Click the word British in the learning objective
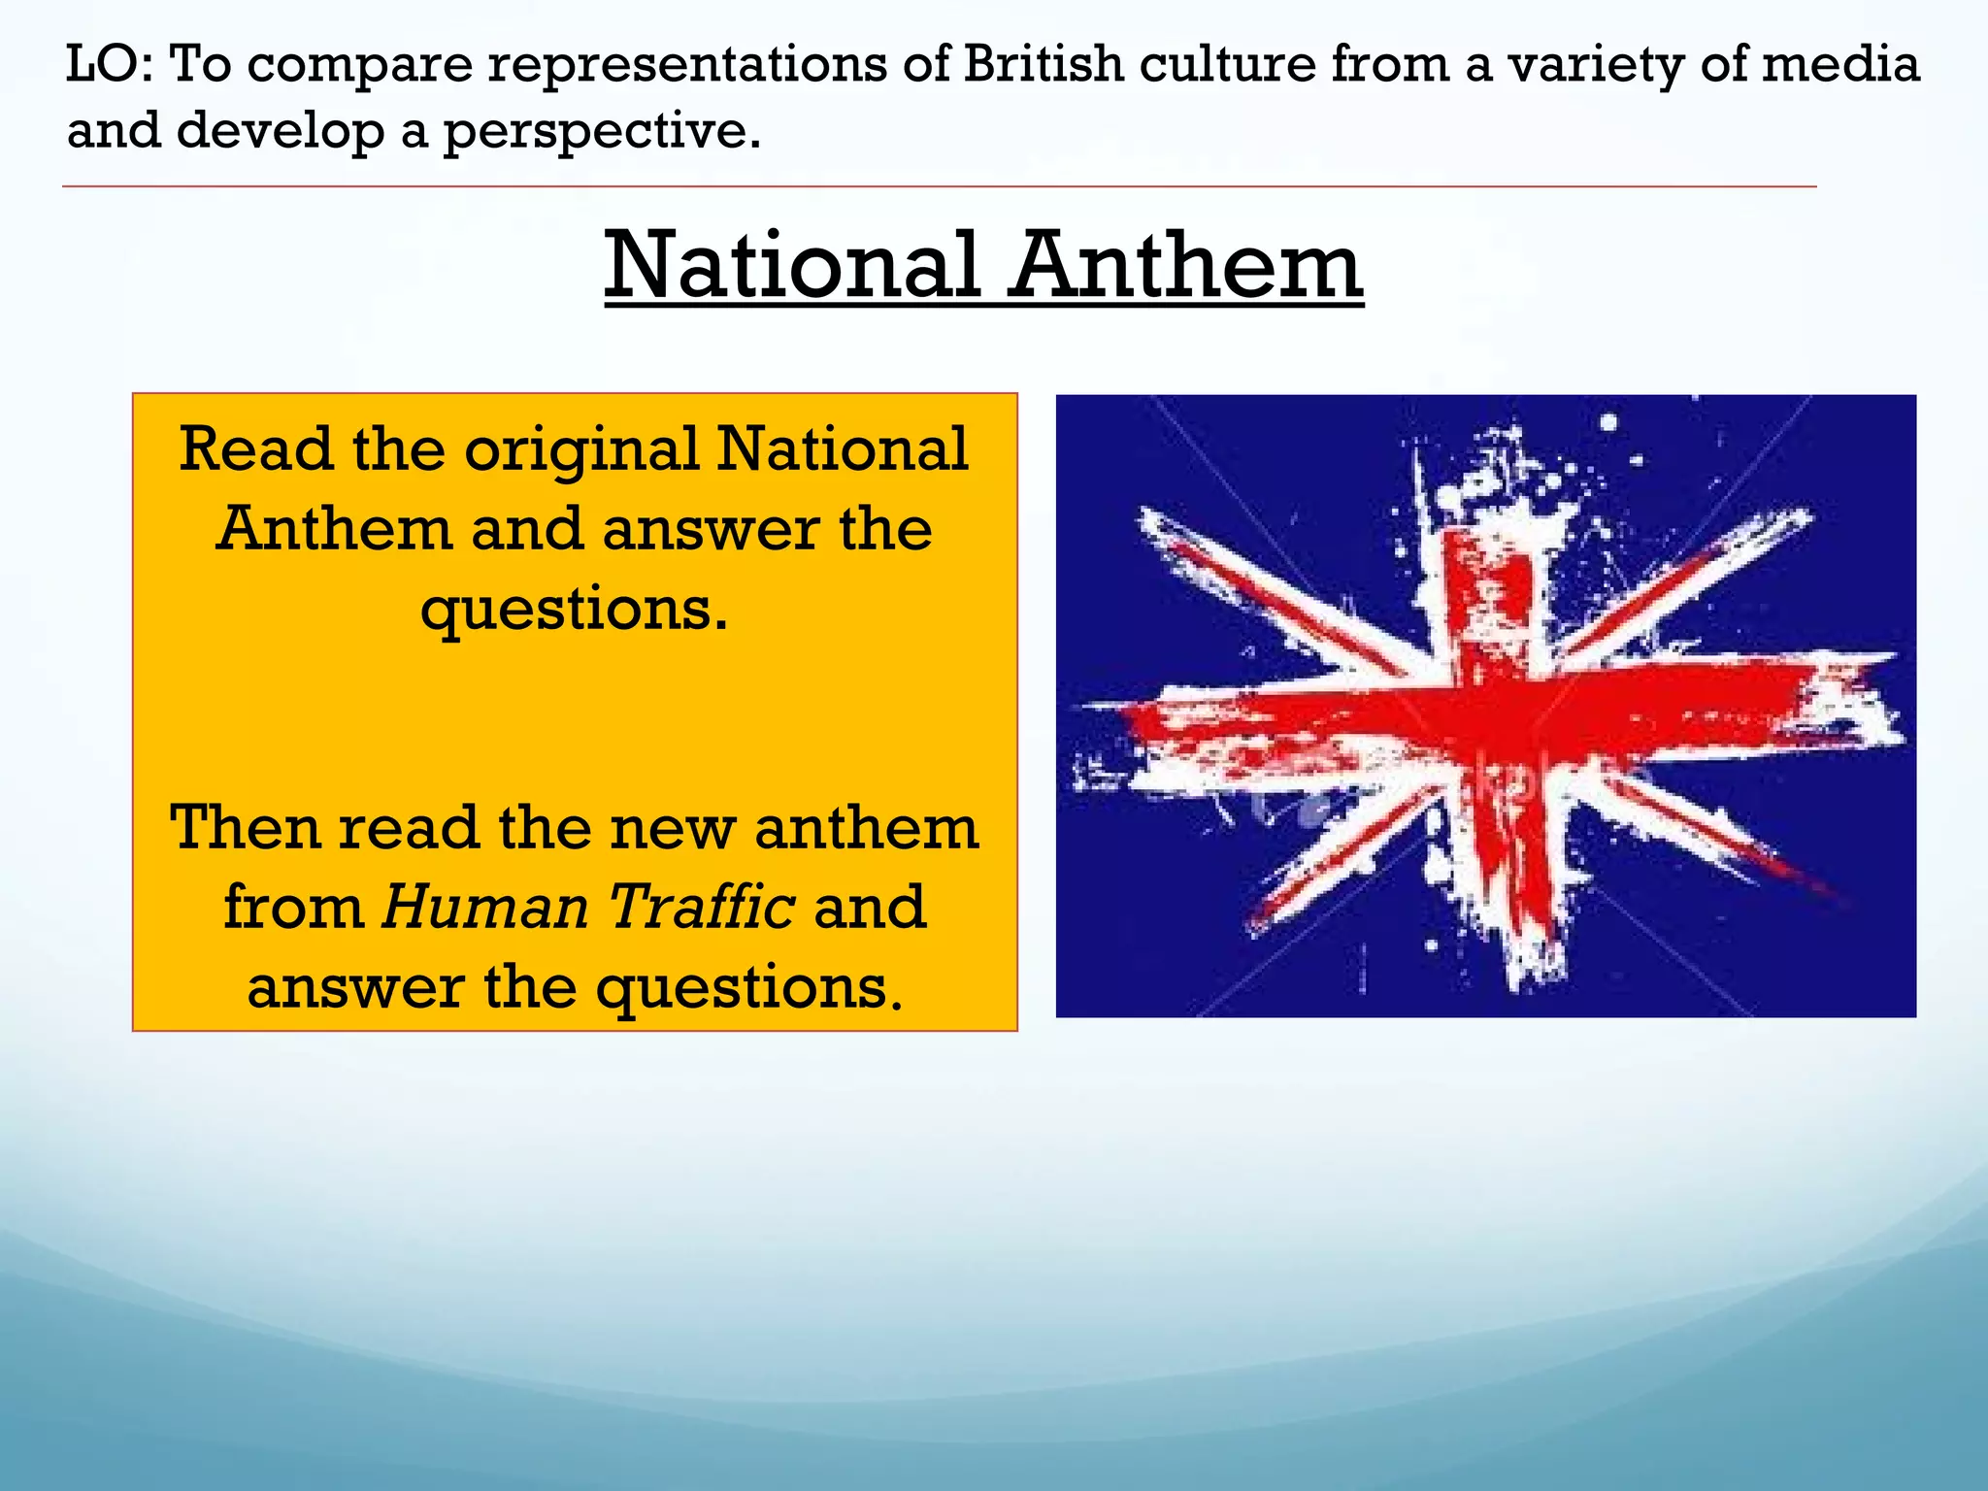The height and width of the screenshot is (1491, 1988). [x=1043, y=64]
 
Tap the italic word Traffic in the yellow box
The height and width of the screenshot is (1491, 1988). [x=701, y=907]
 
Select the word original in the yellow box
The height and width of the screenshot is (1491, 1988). [x=581, y=450]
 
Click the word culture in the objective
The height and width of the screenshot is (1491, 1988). [x=1228, y=64]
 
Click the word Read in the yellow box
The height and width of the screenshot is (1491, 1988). [x=256, y=450]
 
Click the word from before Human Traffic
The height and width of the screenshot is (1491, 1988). [x=293, y=907]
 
